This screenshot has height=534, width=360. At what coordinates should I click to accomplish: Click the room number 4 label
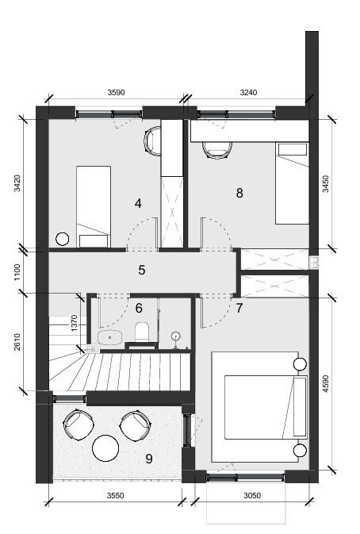pos(138,203)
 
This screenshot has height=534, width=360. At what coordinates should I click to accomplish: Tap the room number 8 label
pos(239,193)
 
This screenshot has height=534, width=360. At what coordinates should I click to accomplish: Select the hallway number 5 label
pos(142,270)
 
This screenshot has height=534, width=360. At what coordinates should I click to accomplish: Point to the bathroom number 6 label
pos(139,308)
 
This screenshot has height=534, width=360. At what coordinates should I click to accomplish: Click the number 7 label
pos(239,308)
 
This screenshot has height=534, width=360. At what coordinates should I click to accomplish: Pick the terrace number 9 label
pos(149,459)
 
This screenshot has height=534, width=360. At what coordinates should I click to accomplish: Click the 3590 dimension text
pos(117,92)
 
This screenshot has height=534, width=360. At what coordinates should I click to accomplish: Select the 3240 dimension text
pos(248,92)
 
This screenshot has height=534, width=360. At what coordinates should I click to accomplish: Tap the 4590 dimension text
pos(326,384)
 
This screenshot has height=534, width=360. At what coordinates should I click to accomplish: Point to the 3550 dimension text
pos(116,495)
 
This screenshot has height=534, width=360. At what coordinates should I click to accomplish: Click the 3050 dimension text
pos(252,495)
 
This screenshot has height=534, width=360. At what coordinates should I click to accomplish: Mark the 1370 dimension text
pos(74,323)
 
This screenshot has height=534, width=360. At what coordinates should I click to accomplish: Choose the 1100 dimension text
pos(17,272)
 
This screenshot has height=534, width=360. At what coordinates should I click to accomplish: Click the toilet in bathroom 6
pos(142,332)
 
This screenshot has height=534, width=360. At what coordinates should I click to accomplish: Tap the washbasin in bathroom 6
pos(110,337)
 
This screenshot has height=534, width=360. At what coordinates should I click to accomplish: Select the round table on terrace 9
pos(105,448)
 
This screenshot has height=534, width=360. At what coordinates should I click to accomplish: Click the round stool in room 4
pos(63,239)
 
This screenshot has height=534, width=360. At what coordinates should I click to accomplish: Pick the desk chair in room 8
pos(217,150)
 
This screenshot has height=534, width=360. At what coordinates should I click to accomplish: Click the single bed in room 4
pos(94,206)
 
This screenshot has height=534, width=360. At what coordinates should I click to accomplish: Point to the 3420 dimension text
pos(17,183)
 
